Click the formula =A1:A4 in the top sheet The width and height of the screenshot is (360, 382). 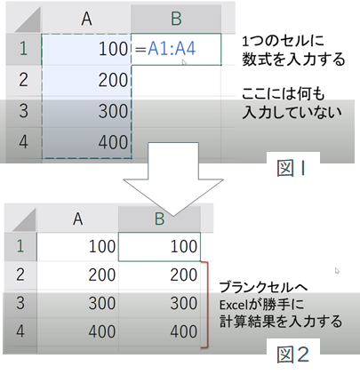165,49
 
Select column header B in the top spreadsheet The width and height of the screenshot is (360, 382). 176,19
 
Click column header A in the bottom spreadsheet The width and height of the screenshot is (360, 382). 77,219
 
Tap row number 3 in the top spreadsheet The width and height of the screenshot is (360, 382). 23,111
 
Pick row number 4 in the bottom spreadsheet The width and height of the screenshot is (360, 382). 20,331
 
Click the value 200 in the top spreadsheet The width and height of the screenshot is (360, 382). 113,80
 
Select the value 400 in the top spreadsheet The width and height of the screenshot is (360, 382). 113,142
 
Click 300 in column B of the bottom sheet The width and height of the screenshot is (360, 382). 184,303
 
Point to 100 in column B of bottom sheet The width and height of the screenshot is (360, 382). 184,246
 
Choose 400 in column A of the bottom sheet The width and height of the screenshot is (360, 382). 102,331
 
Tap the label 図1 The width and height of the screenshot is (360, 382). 291,168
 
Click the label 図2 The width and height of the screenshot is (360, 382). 292,354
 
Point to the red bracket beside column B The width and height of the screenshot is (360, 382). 208,305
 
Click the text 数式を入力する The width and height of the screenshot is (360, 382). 293,60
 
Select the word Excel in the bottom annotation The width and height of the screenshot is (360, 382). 233,305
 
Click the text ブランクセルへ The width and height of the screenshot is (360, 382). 264,287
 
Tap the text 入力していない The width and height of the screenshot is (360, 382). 292,112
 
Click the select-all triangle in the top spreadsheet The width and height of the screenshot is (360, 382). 28,20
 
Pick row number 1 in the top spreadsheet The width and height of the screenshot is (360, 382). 23,49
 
